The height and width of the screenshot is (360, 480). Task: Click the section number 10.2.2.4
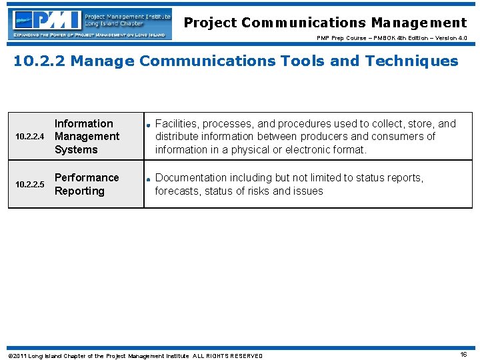pyautogui.click(x=29, y=137)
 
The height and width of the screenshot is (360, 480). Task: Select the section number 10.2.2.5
pyautogui.click(x=29, y=185)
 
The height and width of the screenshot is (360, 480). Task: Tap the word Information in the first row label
pyautogui.click(x=83, y=123)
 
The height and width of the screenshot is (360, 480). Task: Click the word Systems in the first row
pyautogui.click(x=76, y=149)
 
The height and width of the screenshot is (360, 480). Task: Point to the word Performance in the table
pyautogui.click(x=87, y=177)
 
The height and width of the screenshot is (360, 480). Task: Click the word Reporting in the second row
pyautogui.click(x=79, y=191)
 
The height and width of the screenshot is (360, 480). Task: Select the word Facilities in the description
pyautogui.click(x=177, y=123)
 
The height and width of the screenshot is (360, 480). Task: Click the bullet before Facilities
pyautogui.click(x=149, y=124)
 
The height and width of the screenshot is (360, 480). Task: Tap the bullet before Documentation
pyautogui.click(x=149, y=178)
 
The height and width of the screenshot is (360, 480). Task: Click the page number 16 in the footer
pyautogui.click(x=463, y=355)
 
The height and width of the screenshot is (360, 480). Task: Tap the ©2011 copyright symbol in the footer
pyautogui.click(x=10, y=356)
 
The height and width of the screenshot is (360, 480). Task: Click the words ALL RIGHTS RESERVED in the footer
pyautogui.click(x=227, y=356)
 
